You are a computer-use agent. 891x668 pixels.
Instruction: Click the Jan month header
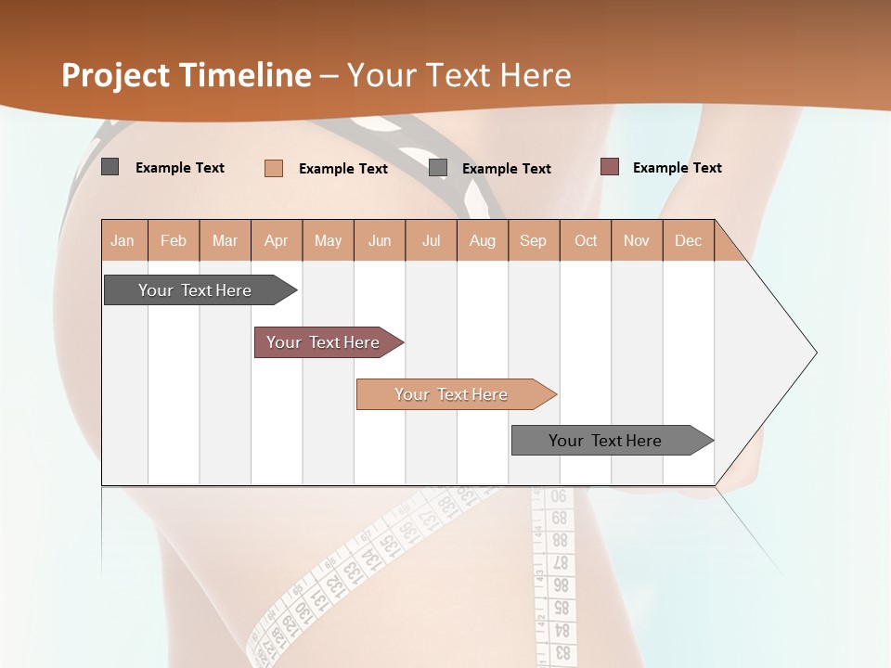123,240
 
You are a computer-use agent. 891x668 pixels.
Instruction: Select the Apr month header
276,240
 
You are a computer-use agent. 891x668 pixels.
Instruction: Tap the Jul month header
431,240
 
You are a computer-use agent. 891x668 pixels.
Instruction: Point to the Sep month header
533,240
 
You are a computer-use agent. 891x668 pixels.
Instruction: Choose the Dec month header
688,240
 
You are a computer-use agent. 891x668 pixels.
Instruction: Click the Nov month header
636,240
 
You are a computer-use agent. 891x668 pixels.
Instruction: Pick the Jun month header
380,240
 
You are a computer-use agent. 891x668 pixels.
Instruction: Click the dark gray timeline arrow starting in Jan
195,290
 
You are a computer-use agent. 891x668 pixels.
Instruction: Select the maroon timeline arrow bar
323,342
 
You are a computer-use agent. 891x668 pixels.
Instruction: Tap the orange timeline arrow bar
451,394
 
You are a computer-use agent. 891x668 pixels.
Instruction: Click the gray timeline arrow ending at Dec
605,441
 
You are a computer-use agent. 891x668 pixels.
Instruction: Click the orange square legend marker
274,168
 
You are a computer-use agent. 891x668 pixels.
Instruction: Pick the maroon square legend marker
610,167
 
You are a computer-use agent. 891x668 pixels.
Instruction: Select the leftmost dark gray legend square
110,167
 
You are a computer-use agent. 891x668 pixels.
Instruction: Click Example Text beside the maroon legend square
677,167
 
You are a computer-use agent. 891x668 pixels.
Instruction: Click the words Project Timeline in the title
186,75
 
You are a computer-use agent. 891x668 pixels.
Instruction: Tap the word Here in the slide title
536,75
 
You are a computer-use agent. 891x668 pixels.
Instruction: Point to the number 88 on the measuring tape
560,539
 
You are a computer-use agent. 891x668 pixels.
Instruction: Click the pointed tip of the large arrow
815,353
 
